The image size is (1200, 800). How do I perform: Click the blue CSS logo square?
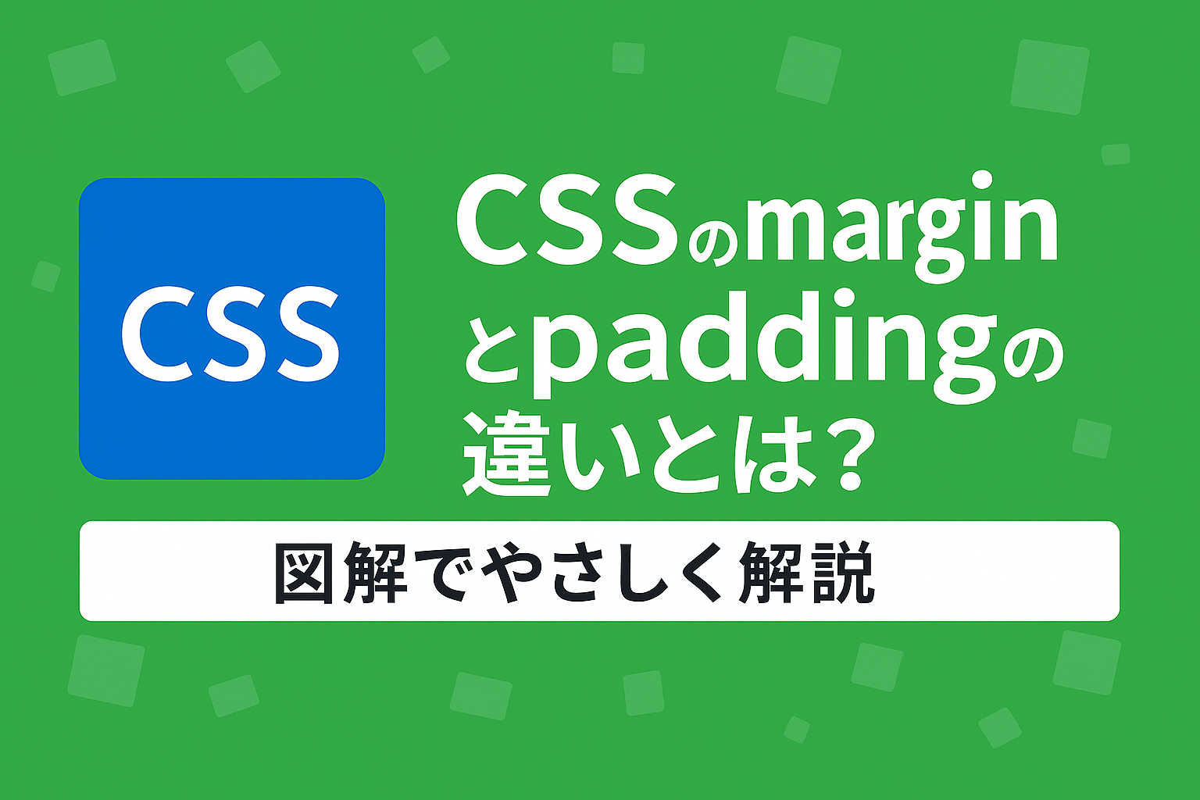(232, 328)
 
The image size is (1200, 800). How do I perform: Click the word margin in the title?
(901, 228)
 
